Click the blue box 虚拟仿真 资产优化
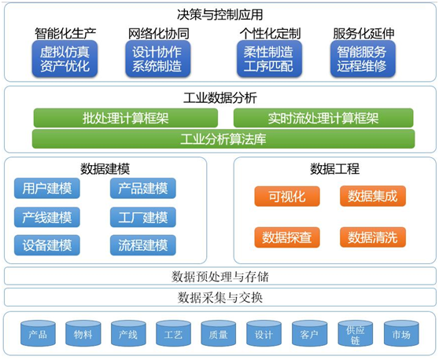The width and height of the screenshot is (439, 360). (65, 59)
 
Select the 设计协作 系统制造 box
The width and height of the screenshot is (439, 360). (158, 59)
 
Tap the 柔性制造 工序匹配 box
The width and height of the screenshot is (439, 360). (269, 59)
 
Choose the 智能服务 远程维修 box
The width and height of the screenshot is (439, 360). (363, 59)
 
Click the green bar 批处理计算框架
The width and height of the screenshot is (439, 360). (126, 118)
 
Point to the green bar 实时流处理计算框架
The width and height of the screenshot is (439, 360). (323, 118)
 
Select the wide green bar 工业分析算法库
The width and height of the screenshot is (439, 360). (223, 139)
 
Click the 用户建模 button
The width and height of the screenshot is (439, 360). (47, 188)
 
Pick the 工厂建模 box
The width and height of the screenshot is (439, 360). (143, 218)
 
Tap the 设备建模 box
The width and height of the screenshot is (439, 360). (47, 245)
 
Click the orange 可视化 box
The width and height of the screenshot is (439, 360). (287, 197)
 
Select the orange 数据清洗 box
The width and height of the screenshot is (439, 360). (373, 237)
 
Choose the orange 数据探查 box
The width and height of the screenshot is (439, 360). (287, 237)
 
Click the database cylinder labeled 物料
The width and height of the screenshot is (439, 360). (83, 334)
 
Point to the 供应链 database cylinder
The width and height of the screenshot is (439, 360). (356, 334)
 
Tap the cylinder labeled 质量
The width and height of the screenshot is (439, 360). (219, 334)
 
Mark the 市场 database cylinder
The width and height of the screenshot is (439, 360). (401, 334)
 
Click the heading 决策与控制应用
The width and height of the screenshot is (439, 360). (220, 15)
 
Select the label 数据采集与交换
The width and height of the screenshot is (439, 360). (220, 298)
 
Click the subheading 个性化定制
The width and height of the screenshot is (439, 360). (270, 34)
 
